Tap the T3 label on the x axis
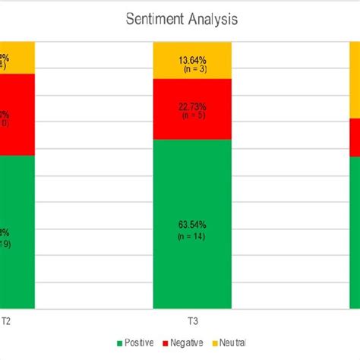pyautogui.click(x=192, y=321)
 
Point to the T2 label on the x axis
pyautogui.click(x=5, y=321)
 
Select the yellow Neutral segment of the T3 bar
pyautogui.click(x=192, y=60)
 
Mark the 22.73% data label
pyautogui.click(x=192, y=106)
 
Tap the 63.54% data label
pyautogui.click(x=192, y=225)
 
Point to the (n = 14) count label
pyautogui.click(x=192, y=237)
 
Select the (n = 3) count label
pyautogui.click(x=192, y=68)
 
